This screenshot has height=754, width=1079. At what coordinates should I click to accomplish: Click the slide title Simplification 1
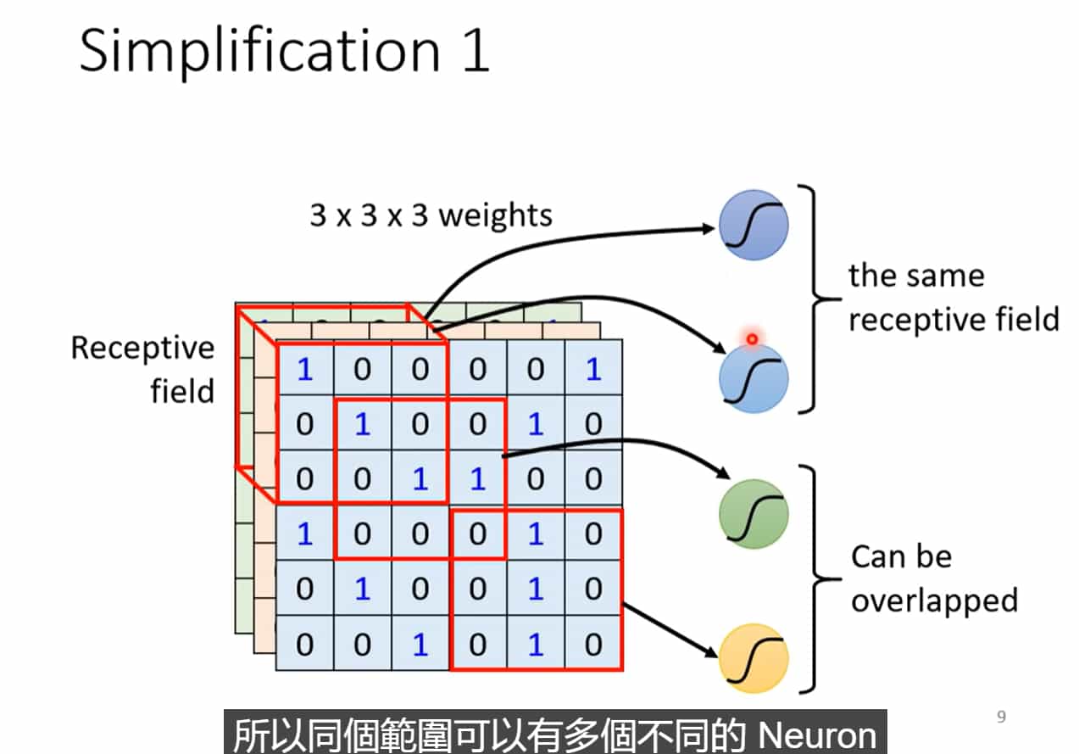(285, 51)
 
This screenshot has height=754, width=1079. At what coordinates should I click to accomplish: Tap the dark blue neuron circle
(754, 226)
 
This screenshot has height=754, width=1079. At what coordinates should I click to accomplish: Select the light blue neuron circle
(754, 378)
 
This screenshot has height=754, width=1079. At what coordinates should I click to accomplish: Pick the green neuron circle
(754, 514)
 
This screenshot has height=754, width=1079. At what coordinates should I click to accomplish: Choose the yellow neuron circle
(754, 658)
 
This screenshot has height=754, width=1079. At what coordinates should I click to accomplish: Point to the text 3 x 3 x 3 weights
(431, 215)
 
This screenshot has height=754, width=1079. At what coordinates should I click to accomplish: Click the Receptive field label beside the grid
(142, 370)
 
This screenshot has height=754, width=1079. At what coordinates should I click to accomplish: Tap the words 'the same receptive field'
(954, 298)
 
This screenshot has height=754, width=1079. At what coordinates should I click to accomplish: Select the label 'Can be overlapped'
(933, 578)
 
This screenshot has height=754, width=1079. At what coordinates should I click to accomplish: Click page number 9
(1001, 718)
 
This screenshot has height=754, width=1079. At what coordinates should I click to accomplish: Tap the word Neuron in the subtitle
(817, 735)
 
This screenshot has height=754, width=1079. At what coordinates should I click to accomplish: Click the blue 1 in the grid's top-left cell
(304, 371)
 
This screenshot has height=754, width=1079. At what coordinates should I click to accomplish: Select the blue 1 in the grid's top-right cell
(593, 371)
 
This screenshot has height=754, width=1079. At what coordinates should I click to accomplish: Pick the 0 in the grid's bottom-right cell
(593, 645)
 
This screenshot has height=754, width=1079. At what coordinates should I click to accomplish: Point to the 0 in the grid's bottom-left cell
(304, 645)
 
